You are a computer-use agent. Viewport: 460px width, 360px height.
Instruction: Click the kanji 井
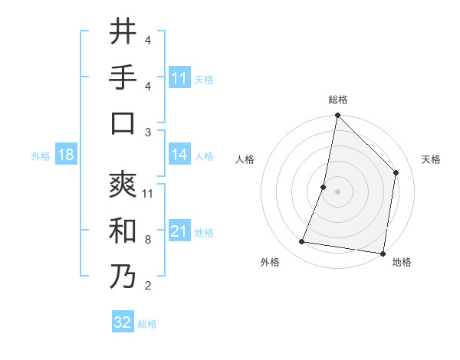pos(123,31)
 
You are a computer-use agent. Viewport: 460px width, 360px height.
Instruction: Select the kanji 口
pos(123,124)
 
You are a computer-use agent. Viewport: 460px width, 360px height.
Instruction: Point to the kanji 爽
pos(123,185)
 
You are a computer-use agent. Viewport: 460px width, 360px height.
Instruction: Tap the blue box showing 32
pos(123,322)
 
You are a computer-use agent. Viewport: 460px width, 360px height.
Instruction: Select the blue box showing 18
pos(66,155)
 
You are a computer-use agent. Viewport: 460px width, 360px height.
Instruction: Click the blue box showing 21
pos(179,231)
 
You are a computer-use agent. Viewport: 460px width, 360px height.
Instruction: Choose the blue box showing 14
pos(179,155)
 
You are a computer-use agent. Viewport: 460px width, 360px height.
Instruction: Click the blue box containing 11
pos(179,78)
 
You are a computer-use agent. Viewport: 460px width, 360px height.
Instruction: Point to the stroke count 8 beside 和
pos(148,240)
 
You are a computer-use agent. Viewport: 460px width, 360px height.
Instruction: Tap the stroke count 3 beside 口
pos(148,133)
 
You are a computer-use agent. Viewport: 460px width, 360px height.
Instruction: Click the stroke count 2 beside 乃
pos(148,286)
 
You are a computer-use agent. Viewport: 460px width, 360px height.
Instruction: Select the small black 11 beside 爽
pos(149,193)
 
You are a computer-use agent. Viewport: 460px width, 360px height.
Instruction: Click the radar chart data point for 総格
pos(337,116)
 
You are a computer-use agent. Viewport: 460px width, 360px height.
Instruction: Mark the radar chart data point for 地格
pos(383,253)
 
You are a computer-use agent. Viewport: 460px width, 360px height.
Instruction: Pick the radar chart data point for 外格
pos(302,242)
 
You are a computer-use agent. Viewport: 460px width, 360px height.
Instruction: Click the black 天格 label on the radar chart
pos(432,159)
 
